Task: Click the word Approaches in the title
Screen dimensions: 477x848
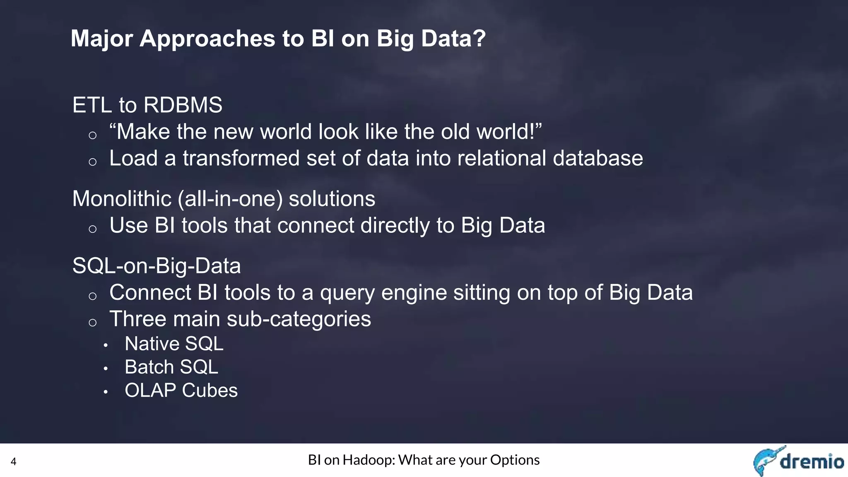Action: [x=207, y=39]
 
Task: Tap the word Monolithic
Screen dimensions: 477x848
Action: [x=122, y=199]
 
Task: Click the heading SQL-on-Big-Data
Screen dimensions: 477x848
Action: [x=156, y=266]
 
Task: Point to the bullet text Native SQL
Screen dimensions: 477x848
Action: [x=174, y=344]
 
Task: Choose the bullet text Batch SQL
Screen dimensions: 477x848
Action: [x=171, y=367]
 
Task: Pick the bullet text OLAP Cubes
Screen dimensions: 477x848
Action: [x=181, y=390]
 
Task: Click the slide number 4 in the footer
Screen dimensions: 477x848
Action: [x=13, y=462]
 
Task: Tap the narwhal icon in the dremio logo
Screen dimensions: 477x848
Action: [x=766, y=460]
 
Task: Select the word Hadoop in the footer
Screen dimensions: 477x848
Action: [x=368, y=460]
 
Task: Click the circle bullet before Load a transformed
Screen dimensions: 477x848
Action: [x=92, y=162]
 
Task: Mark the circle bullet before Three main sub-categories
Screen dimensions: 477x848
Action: [x=92, y=323]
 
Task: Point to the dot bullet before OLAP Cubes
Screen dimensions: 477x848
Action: [x=106, y=391]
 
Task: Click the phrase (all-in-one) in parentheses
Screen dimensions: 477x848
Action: [x=230, y=199]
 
